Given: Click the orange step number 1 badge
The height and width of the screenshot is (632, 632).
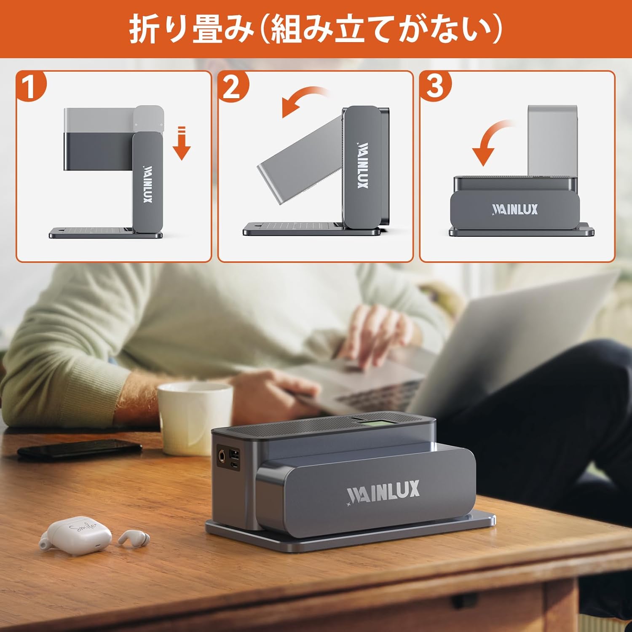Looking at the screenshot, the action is click(30, 86).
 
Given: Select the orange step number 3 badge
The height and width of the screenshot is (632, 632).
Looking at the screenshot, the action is click(435, 86).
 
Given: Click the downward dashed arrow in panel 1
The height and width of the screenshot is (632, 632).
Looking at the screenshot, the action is click(182, 143).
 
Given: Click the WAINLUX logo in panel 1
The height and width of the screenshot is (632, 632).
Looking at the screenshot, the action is click(147, 184).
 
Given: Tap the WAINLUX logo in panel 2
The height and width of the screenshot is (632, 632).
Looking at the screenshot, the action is click(363, 165).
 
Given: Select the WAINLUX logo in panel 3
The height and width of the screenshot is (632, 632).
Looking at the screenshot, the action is click(514, 209).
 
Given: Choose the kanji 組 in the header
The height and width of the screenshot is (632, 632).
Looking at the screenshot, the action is click(287, 29).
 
